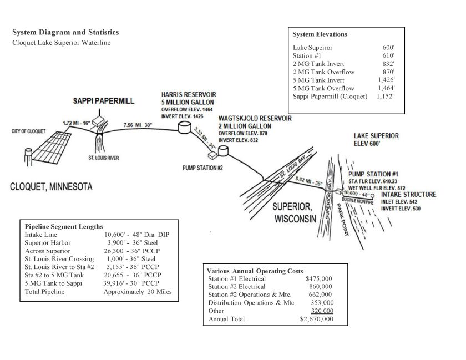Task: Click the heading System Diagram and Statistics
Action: click(65, 32)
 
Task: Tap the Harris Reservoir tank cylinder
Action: click(184, 129)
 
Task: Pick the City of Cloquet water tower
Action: click(28, 154)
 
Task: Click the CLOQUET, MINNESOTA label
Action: click(51, 186)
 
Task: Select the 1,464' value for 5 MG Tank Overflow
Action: click(386, 88)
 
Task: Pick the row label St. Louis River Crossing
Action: click(59, 258)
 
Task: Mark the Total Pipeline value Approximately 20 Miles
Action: click(138, 292)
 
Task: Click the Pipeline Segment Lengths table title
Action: click(64, 226)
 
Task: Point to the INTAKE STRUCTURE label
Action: click(408, 195)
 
